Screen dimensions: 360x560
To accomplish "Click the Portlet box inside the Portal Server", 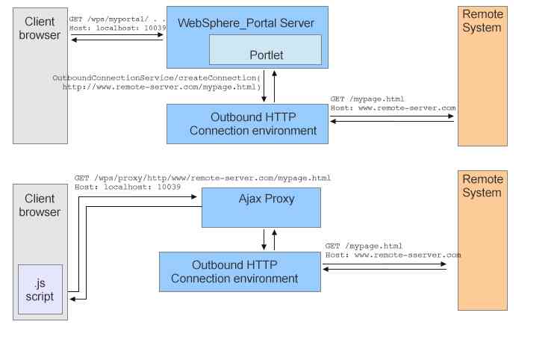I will pyautogui.click(x=265, y=50).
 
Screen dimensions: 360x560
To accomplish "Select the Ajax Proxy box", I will pyautogui.click(x=261, y=206).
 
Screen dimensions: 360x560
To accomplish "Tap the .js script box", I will pyautogui.click(x=40, y=289).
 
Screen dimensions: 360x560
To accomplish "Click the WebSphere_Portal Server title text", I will pyautogui.click(x=246, y=23).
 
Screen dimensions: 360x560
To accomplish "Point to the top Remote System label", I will pyautogui.click(x=482, y=21).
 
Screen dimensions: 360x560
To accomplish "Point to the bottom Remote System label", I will pyautogui.click(x=482, y=186).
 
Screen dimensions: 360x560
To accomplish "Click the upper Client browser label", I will pyautogui.click(x=40, y=28).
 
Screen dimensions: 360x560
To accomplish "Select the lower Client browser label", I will pyautogui.click(x=40, y=205).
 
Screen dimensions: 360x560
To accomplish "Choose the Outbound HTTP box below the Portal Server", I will pyautogui.click(x=247, y=124).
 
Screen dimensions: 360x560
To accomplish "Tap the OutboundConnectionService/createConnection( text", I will pyautogui.click(x=155, y=78).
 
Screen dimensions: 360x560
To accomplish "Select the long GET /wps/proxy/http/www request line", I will pyautogui.click(x=202, y=178).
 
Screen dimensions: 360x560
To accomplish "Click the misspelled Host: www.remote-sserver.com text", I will pyautogui.click(x=393, y=255).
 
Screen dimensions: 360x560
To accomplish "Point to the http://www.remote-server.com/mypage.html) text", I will pyautogui.click(x=161, y=87).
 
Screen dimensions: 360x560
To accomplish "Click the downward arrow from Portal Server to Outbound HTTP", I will pyautogui.click(x=264, y=88).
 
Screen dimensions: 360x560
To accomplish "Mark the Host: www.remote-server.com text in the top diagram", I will pyautogui.click(x=393, y=108).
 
